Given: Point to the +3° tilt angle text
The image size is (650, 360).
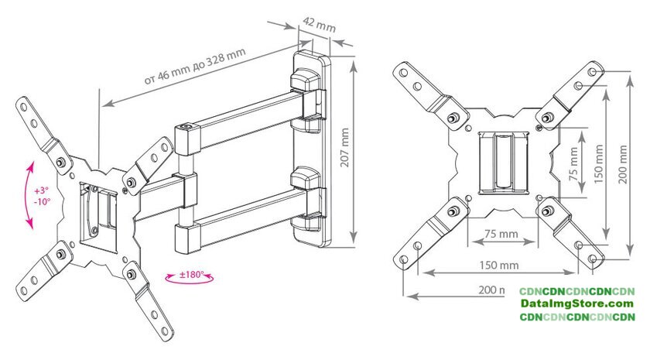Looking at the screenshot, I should [x=41, y=190].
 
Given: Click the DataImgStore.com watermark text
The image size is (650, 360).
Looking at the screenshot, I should [x=576, y=303].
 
